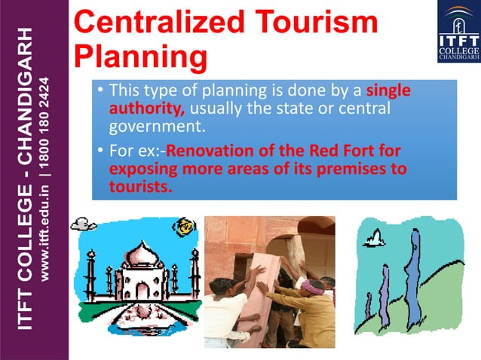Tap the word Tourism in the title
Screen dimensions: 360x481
point(317,22)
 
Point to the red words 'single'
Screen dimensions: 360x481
point(388,91)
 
